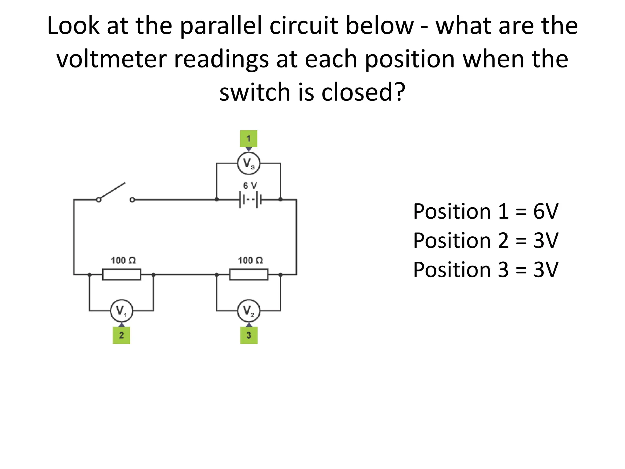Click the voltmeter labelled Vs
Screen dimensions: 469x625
tap(249, 163)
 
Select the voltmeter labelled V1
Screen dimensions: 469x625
tap(121, 311)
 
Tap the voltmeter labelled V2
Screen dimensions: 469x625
tap(249, 311)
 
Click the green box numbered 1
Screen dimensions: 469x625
tap(249, 139)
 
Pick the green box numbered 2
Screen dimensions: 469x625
tap(121, 335)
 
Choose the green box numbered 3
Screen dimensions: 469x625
tap(249, 335)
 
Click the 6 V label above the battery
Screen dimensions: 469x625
tap(250, 185)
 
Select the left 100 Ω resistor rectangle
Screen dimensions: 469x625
tap(122, 274)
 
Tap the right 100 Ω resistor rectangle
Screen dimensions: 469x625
tap(249, 274)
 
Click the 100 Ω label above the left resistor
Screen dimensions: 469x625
tap(123, 260)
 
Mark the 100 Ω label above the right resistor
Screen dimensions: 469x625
tap(250, 260)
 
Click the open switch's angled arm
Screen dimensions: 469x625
tap(112, 191)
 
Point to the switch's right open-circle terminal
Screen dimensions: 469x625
tap(132, 200)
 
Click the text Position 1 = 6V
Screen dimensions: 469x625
tap(486, 211)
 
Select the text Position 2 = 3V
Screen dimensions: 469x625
tap(486, 241)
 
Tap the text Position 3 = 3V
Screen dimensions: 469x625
tap(486, 270)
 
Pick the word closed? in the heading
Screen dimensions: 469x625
tap(363, 92)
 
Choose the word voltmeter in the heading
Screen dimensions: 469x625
tap(111, 59)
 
